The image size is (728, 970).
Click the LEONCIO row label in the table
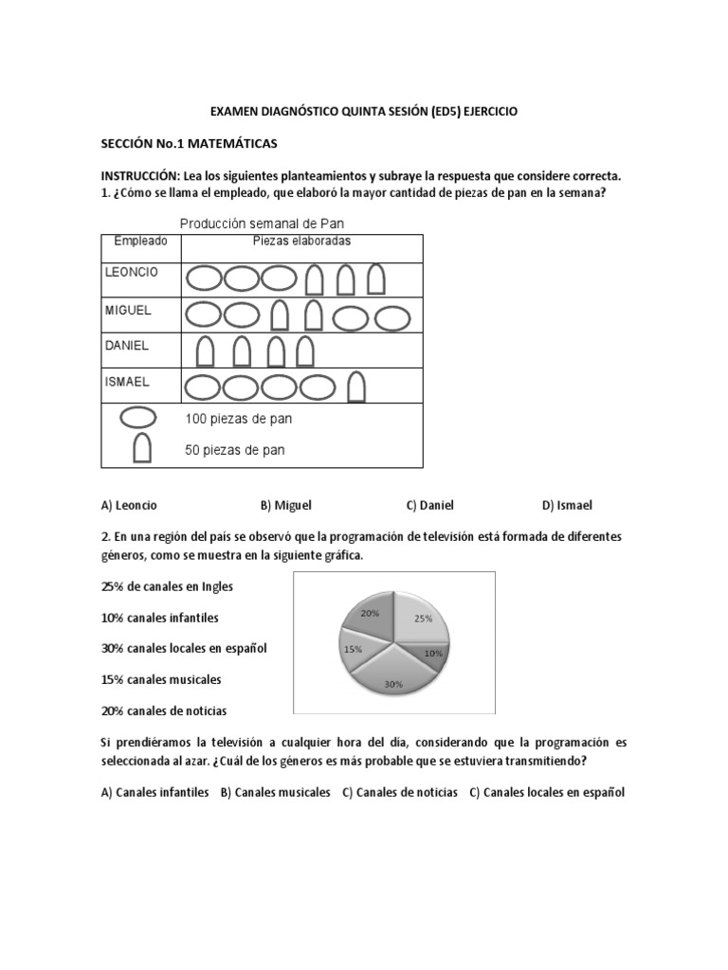(131, 272)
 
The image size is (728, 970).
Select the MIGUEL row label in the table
(128, 310)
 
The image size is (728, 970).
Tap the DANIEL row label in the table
(126, 346)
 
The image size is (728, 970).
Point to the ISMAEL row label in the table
(128, 382)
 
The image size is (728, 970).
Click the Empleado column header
(140, 242)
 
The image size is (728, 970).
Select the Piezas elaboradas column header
(301, 242)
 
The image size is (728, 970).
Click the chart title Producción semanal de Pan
(263, 224)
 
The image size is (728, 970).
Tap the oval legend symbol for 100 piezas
(138, 418)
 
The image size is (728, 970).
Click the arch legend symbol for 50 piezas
(142, 448)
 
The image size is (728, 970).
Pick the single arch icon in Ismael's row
(356, 387)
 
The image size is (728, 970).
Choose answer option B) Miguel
(285, 506)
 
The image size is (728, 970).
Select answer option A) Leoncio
(129, 506)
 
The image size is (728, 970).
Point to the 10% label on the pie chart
(433, 654)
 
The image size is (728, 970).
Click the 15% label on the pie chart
(353, 649)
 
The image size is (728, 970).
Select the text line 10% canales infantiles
(159, 618)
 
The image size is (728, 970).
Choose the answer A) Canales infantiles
(155, 792)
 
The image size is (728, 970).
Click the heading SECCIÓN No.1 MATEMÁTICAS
(189, 143)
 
